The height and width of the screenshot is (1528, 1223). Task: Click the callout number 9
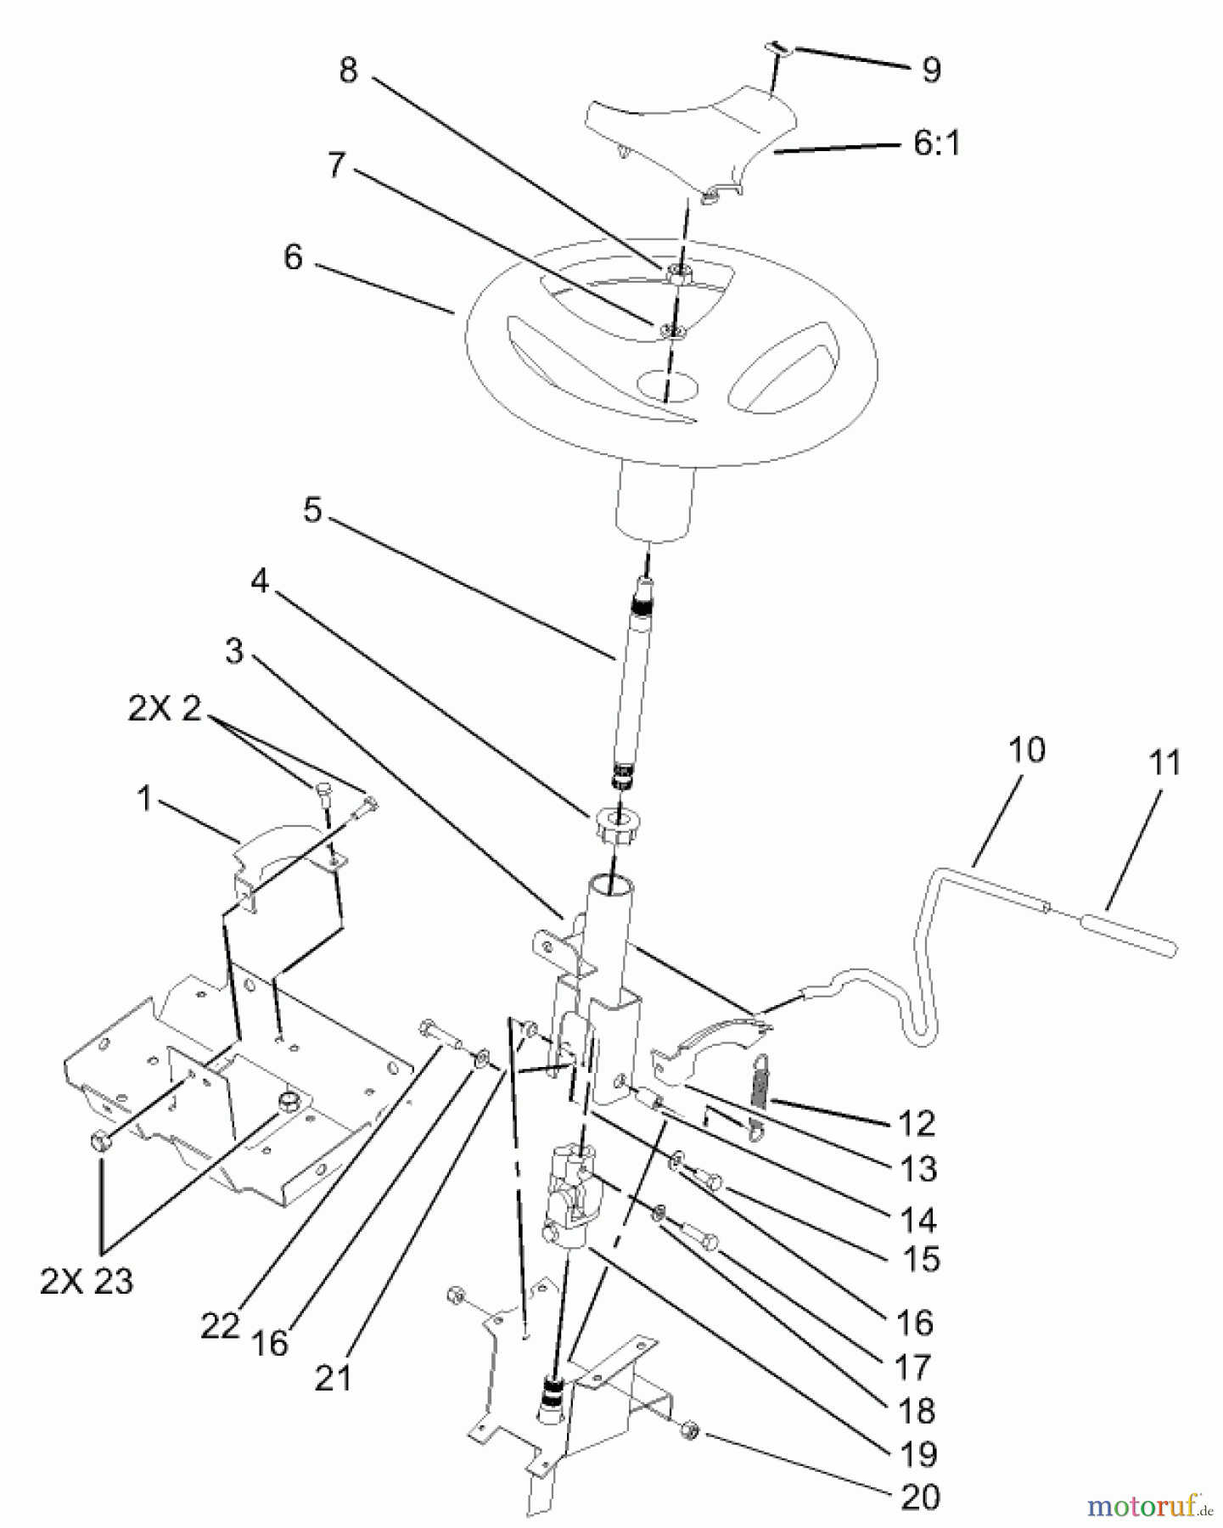[931, 70]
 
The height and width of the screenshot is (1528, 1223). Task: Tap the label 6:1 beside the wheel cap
[936, 143]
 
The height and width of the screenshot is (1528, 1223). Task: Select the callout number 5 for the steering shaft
[312, 511]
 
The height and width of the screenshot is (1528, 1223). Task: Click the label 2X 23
[87, 1281]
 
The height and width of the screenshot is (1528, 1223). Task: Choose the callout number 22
[220, 1326]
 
